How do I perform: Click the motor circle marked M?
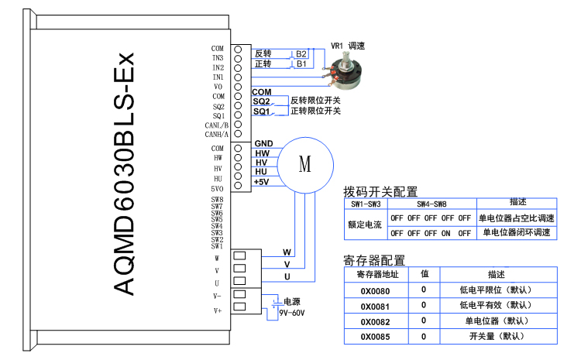[x=305, y=163]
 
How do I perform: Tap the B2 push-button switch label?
[x=301, y=53]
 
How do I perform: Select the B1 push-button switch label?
[x=301, y=63]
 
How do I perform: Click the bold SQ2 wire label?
[x=261, y=101]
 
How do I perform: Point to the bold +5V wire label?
[x=261, y=181]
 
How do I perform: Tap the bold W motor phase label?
[x=287, y=252]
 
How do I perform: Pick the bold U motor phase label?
[x=287, y=276]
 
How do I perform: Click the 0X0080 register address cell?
[x=375, y=290]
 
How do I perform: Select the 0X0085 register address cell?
[x=375, y=337]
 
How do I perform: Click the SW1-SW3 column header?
[x=366, y=204]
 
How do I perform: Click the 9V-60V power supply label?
[x=293, y=313]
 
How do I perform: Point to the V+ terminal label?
[x=218, y=310]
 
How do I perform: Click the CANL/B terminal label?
[x=216, y=125]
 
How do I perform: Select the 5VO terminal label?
[x=218, y=188]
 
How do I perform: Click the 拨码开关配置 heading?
[x=380, y=191]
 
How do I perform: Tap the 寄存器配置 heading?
[x=373, y=261]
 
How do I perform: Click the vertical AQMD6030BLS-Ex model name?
[x=124, y=173]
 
